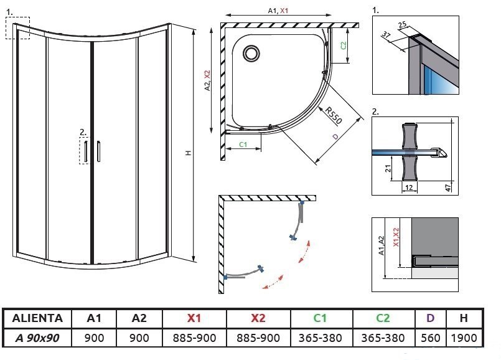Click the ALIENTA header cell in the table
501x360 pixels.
point(37,318)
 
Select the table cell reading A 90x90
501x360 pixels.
point(37,338)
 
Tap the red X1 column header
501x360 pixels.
point(194,318)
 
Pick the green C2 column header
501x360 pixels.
point(383,318)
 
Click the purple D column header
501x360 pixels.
point(430,318)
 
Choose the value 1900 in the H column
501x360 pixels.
point(464,338)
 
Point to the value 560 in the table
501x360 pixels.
point(430,338)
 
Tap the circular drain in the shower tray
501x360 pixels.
point(253,52)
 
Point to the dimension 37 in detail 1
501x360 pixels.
point(386,35)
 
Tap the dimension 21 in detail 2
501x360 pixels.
point(386,165)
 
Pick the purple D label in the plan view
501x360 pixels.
point(334,136)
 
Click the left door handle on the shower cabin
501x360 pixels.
point(88,151)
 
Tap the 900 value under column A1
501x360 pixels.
point(94,338)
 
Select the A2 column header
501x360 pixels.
point(139,318)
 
